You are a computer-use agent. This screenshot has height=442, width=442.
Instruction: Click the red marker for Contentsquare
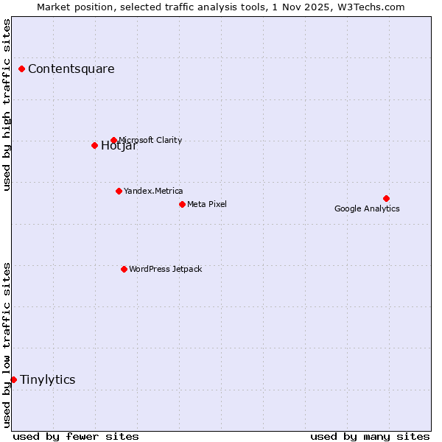(22, 69)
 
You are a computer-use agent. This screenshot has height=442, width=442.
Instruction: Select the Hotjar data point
(94, 145)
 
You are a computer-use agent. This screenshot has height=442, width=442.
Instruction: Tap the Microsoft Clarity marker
(113, 140)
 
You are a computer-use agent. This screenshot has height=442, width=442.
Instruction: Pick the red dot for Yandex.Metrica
(119, 191)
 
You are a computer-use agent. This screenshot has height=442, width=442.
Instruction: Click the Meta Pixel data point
(182, 204)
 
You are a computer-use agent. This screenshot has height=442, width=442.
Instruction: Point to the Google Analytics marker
(386, 198)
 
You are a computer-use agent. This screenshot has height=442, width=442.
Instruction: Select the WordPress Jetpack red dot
(124, 269)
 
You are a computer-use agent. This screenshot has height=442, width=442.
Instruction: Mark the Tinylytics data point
(13, 379)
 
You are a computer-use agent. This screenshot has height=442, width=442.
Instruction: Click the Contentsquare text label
(71, 69)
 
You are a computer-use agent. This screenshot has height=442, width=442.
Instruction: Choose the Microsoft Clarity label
(150, 140)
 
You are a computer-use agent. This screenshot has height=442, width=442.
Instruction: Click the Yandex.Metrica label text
(153, 191)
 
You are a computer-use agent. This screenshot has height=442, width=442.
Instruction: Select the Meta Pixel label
(207, 204)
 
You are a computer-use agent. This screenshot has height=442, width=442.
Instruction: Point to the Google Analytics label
(367, 208)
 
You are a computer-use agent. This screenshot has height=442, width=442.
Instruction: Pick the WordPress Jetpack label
(165, 269)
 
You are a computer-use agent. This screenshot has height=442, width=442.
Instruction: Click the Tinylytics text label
(47, 379)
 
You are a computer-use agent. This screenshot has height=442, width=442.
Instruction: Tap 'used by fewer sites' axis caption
(76, 436)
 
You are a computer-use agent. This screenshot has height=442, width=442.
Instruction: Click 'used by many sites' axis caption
(370, 436)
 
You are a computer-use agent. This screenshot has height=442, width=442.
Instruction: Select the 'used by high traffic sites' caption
(7, 105)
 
